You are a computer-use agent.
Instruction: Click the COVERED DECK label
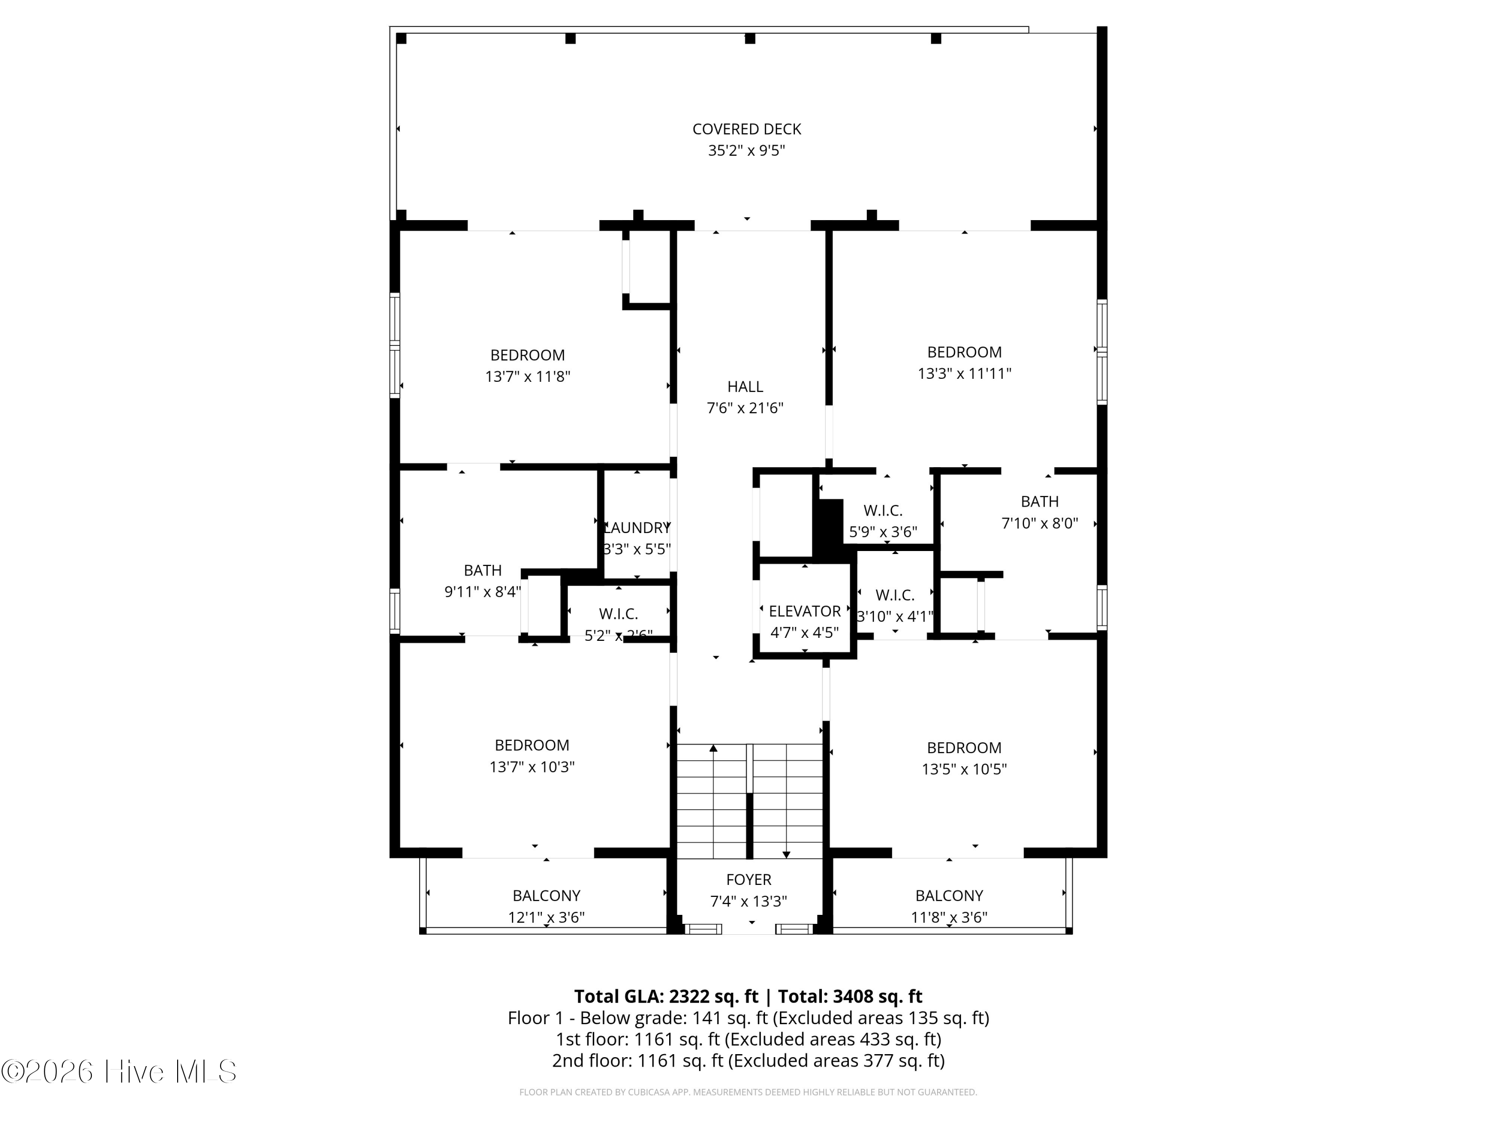tap(747, 129)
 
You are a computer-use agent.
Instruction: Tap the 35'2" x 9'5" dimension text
tap(747, 150)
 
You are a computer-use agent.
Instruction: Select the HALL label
tap(745, 386)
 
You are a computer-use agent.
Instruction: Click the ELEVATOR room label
tap(805, 611)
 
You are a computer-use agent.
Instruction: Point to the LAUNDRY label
tap(637, 528)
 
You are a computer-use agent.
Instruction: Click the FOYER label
tap(748, 879)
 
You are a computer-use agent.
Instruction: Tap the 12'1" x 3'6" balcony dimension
tap(546, 917)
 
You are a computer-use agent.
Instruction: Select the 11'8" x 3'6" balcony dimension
tap(949, 917)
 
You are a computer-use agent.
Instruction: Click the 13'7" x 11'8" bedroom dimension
tap(527, 376)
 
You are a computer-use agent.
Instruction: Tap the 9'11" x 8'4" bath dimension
tap(483, 591)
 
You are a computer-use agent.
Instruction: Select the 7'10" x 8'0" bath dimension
tap(1039, 523)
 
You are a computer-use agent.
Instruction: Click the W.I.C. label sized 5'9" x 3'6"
tap(883, 511)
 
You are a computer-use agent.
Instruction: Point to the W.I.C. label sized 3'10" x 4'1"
tap(895, 595)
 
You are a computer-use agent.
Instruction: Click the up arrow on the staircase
tap(713, 748)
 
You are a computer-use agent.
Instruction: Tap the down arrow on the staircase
tap(786, 854)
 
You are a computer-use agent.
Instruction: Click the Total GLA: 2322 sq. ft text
tap(666, 996)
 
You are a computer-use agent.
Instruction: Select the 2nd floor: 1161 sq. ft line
tap(748, 1060)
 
